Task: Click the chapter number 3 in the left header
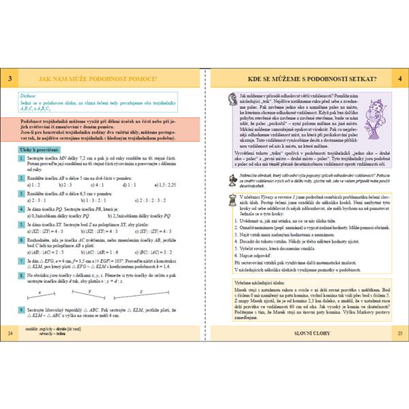(x=10, y=79)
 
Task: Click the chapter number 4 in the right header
(x=399, y=79)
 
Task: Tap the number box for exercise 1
(x=21, y=157)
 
